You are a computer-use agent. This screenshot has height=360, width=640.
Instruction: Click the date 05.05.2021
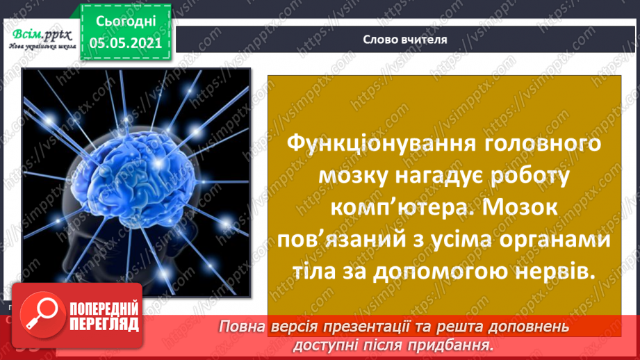click(x=124, y=42)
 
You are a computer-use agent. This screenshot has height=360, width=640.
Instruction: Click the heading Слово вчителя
click(x=404, y=40)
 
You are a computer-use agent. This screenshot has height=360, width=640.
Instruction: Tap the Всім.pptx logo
click(x=40, y=37)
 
